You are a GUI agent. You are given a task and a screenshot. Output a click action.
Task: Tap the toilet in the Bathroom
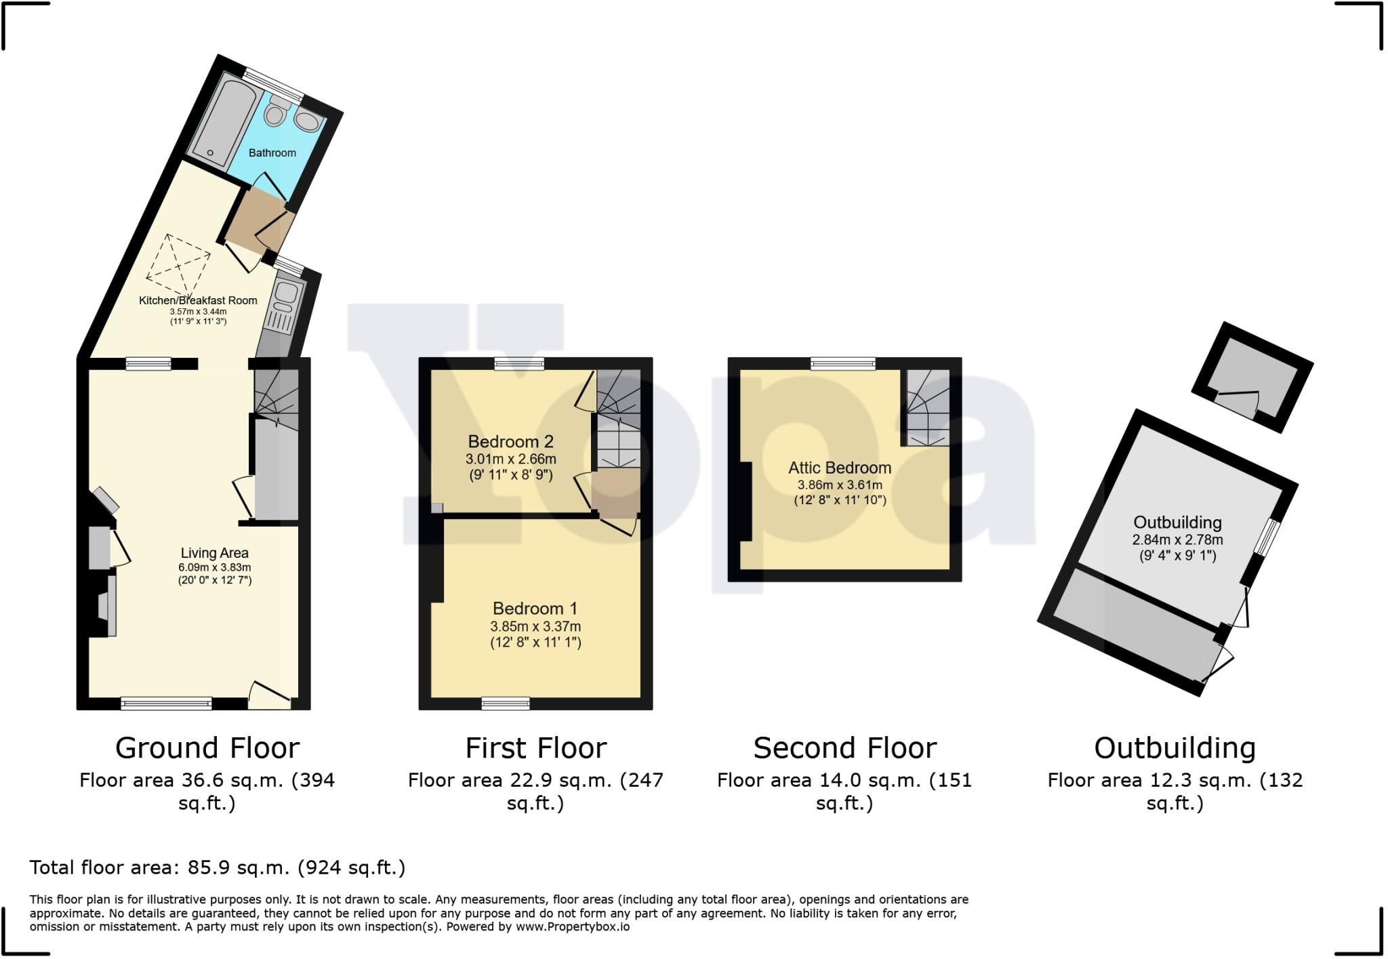pyautogui.click(x=275, y=112)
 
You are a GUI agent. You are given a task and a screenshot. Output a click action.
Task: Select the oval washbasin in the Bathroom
pyautogui.click(x=308, y=123)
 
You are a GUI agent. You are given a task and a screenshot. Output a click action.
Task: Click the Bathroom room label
pyautogui.click(x=272, y=153)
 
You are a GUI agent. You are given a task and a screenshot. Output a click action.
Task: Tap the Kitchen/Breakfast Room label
pyautogui.click(x=198, y=300)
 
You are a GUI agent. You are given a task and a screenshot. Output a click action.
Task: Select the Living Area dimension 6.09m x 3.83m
pyautogui.click(x=215, y=567)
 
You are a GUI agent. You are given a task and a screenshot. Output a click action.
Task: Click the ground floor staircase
pyautogui.click(x=277, y=400)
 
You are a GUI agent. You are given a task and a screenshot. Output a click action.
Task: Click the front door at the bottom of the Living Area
pyautogui.click(x=269, y=697)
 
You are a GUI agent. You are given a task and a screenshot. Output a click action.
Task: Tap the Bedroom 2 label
pyautogui.click(x=510, y=442)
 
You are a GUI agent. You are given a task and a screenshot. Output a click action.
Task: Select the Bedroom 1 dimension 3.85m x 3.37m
pyautogui.click(x=535, y=626)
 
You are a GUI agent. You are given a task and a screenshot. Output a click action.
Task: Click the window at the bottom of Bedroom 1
pyautogui.click(x=506, y=704)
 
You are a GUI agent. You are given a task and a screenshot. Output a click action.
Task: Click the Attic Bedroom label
pyautogui.click(x=839, y=468)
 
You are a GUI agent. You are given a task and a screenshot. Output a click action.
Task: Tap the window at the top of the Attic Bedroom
pyautogui.click(x=843, y=364)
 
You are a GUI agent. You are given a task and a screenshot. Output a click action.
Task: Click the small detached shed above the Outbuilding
pyautogui.click(x=1252, y=378)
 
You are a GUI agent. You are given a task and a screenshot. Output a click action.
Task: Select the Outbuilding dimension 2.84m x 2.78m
pyautogui.click(x=1177, y=540)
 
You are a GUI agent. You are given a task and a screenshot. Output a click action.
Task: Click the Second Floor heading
pyautogui.click(x=844, y=748)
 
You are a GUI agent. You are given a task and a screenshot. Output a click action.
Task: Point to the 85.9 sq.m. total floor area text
pyautogui.click(x=217, y=868)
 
